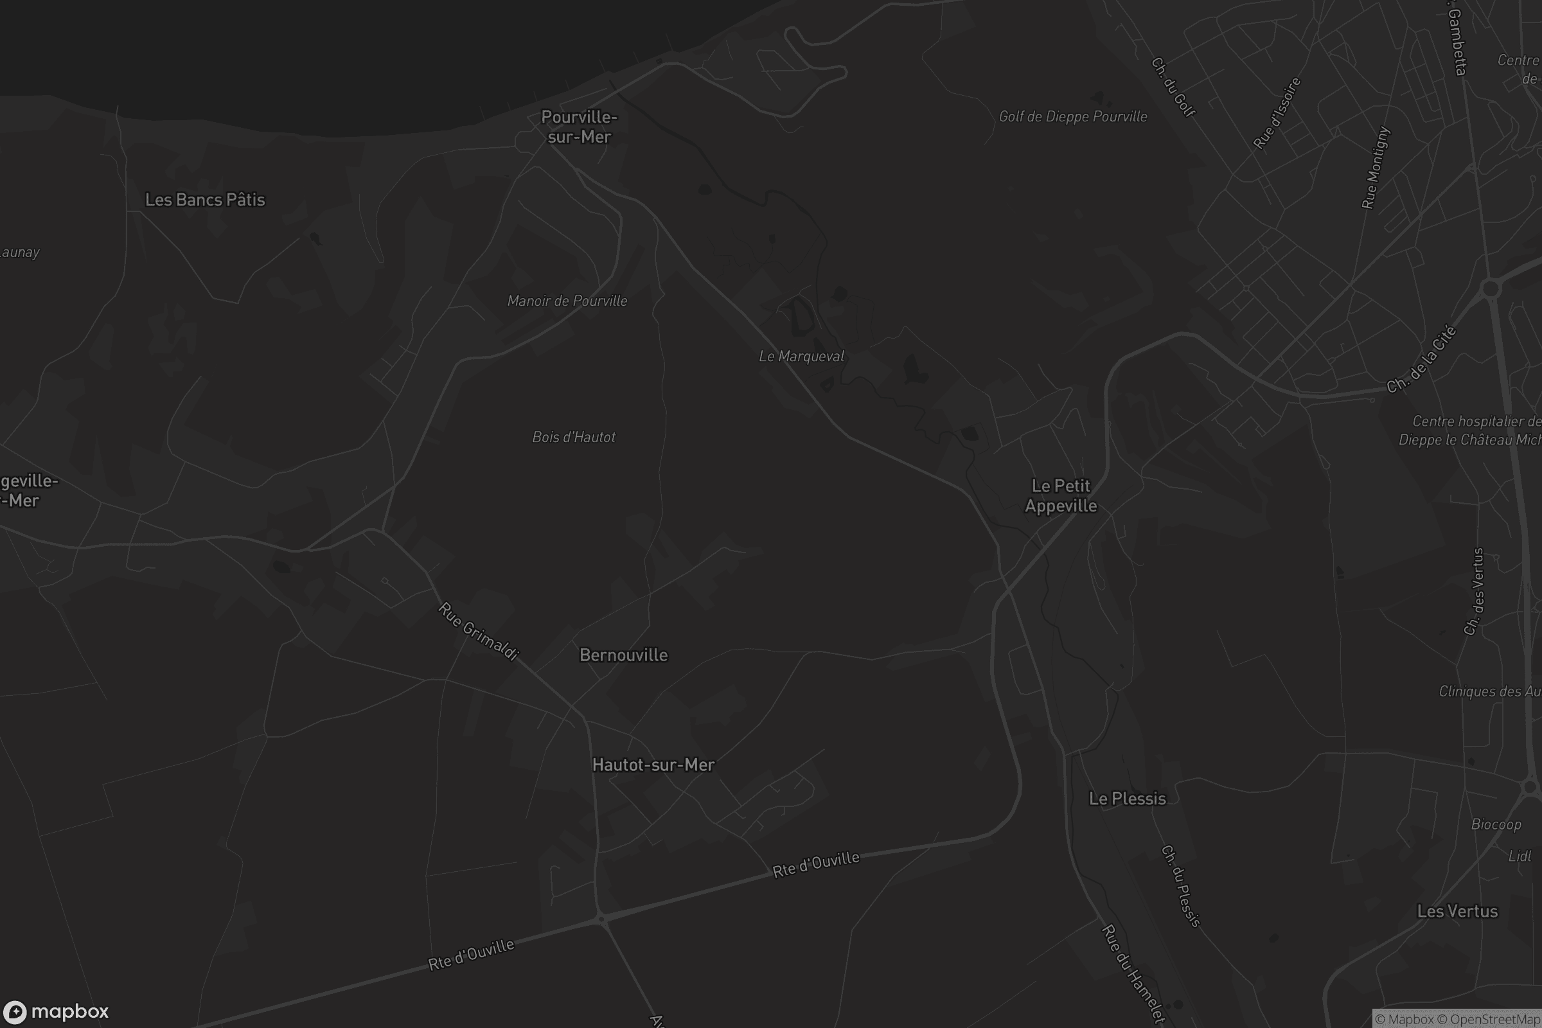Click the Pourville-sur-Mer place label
579,127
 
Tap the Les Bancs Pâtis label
204,199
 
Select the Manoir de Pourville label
567,301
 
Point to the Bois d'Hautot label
574,438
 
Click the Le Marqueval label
801,356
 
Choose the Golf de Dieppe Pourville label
1072,117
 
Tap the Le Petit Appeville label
1061,495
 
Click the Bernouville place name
623,655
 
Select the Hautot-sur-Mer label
653,765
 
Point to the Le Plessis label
1127,799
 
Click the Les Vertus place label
1457,911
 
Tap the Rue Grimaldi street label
479,631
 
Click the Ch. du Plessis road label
1180,887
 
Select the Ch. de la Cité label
1421,360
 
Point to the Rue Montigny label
1376,168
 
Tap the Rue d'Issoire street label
1277,114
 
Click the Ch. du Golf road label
1173,87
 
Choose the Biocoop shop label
1496,824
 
